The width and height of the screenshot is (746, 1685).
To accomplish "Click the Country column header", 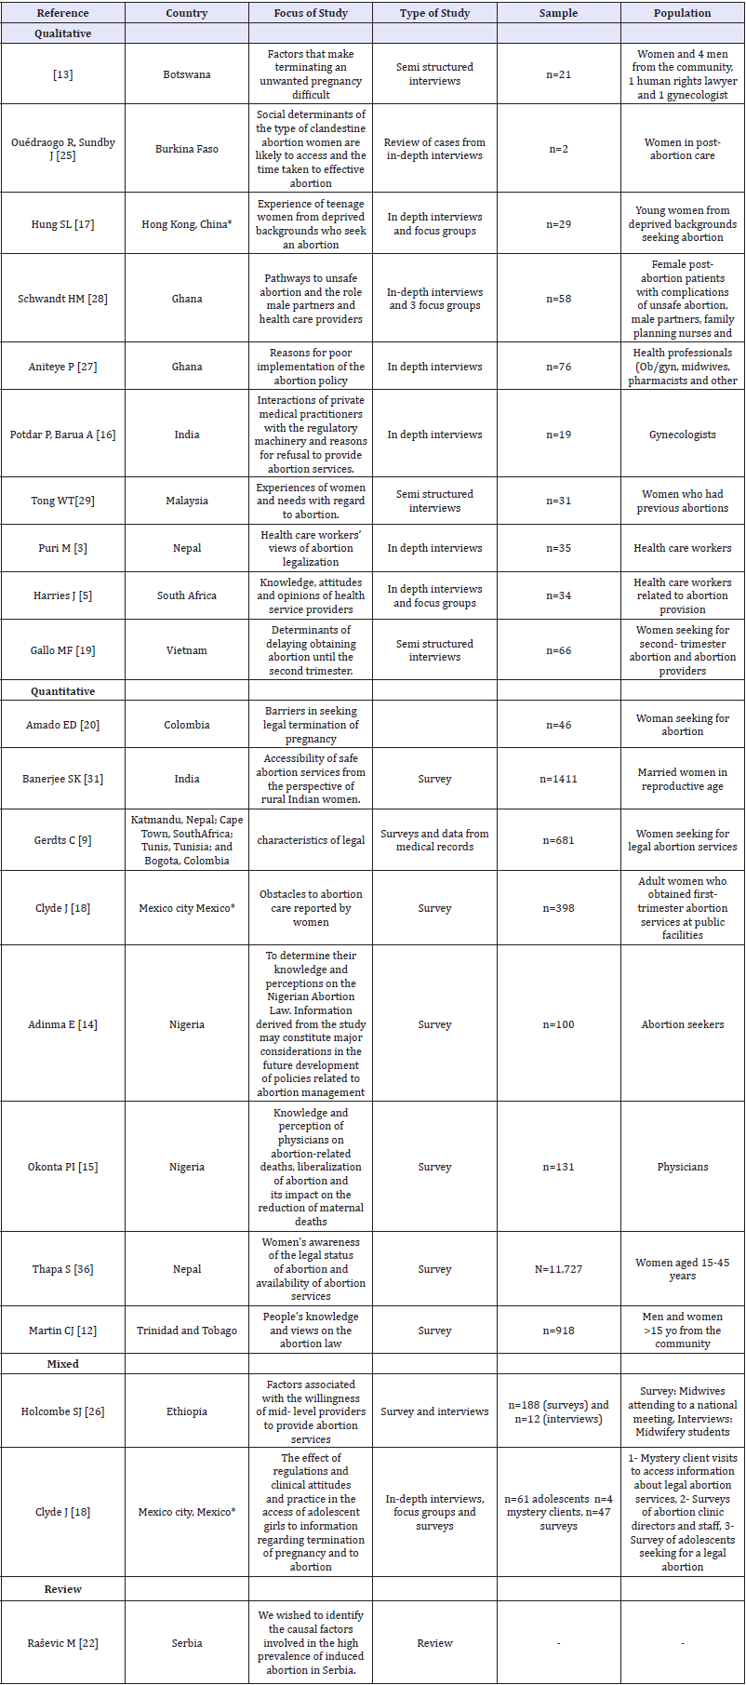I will click(187, 13).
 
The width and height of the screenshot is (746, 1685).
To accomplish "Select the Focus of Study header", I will click(311, 13).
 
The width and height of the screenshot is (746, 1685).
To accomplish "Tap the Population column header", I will click(682, 13).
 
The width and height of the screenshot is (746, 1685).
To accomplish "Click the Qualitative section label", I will click(62, 33).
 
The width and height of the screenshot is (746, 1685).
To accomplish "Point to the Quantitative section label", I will click(62, 691).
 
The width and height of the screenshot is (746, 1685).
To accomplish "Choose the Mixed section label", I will click(62, 1363).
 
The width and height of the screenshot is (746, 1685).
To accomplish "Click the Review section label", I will click(62, 1589).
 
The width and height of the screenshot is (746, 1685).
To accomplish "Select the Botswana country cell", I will click(187, 74).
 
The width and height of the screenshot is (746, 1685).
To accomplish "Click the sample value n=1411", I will click(558, 779).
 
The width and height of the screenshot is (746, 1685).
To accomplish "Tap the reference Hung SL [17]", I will click(62, 224).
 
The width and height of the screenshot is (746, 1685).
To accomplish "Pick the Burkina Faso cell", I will click(187, 149).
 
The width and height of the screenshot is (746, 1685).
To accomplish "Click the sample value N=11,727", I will click(558, 1269).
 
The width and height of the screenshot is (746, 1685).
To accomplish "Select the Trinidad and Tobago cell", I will click(187, 1331).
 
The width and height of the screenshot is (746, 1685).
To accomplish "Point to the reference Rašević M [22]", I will click(62, 1643).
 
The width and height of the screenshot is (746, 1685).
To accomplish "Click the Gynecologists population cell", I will click(682, 435).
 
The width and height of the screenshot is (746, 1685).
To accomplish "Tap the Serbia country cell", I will click(187, 1643).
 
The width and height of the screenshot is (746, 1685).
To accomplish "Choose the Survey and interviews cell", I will click(434, 1411).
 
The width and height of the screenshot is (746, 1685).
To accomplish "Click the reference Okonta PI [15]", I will click(62, 1167).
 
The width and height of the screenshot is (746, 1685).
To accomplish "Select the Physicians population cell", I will click(682, 1167).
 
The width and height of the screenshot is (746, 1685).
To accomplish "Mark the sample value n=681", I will click(558, 840).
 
